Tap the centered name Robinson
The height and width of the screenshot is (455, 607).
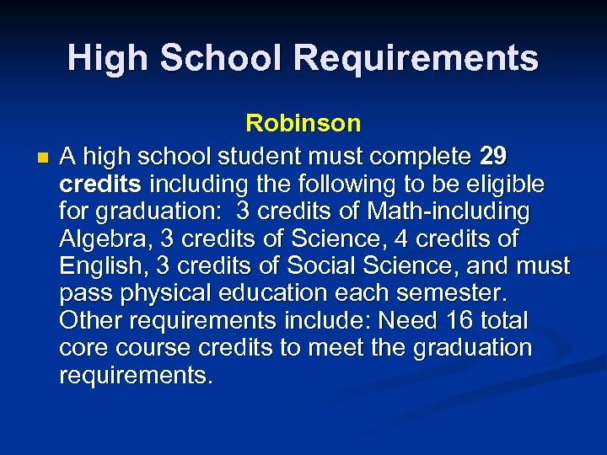(x=303, y=124)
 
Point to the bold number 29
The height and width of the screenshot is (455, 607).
(x=493, y=156)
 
